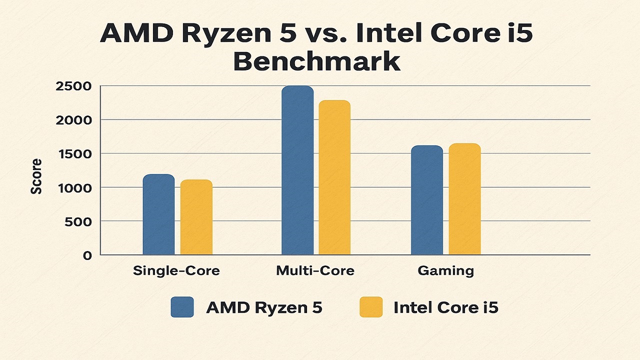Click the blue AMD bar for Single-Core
(x=158, y=215)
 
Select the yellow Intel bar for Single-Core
(x=196, y=217)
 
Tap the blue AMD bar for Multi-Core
(x=297, y=170)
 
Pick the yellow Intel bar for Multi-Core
(x=334, y=178)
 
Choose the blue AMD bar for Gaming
(x=427, y=200)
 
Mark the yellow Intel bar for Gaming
(x=464, y=199)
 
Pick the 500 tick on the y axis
(x=79, y=221)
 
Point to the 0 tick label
(x=87, y=255)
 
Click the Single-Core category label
(x=176, y=271)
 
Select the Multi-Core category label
(x=315, y=271)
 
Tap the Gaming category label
(x=445, y=271)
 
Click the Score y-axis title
(x=36, y=176)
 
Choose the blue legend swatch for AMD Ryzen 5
(x=182, y=307)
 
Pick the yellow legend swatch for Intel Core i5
(x=370, y=307)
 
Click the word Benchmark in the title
(x=316, y=62)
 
